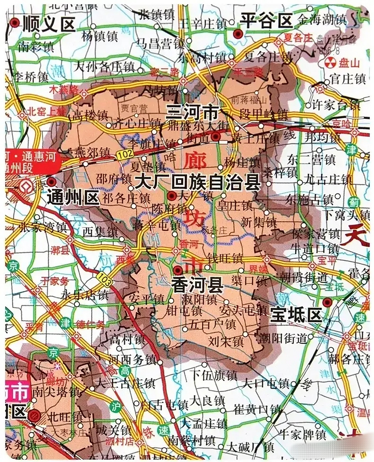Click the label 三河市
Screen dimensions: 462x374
pos(192,113)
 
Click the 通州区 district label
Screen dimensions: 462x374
pos(73,198)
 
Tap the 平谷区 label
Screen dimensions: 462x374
pos(267,20)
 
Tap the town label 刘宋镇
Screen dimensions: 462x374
pos(226,341)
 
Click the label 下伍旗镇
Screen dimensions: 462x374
pos(214,375)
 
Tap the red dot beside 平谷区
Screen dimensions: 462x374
pos(237,34)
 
